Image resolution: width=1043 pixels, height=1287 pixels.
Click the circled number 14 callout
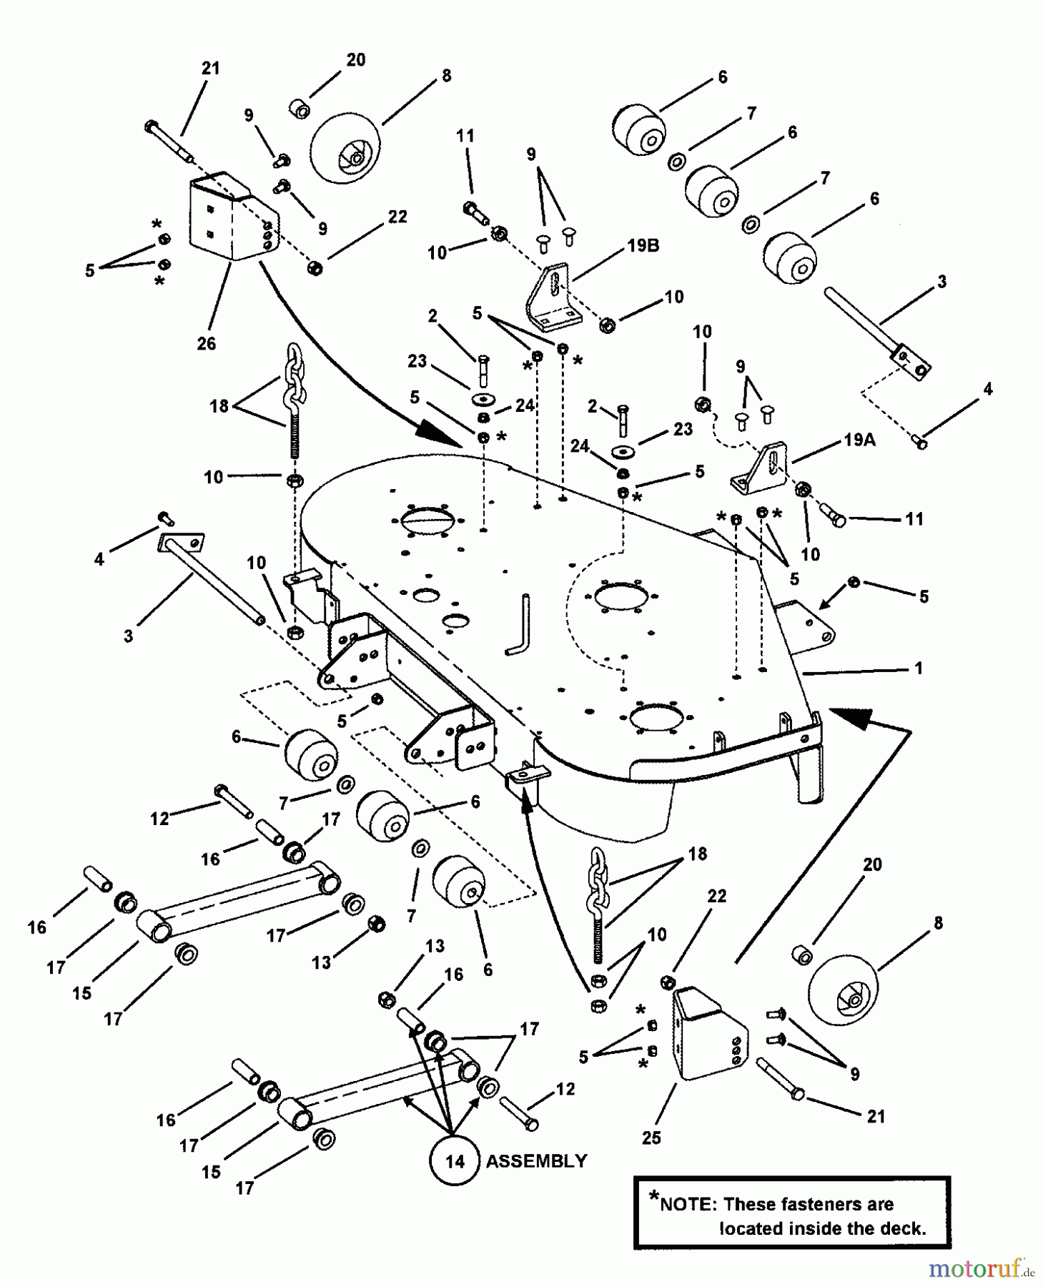click(x=455, y=1161)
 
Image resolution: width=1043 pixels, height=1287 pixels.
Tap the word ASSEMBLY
click(x=536, y=1161)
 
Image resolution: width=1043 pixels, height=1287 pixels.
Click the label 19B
click(x=643, y=245)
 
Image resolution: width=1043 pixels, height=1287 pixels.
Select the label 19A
click(x=859, y=440)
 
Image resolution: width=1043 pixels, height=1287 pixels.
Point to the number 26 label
click(x=207, y=343)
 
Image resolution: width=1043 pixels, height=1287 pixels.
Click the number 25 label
click(x=651, y=1137)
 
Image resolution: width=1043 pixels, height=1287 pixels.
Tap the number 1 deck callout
click(x=919, y=668)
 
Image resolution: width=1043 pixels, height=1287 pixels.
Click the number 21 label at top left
click(x=210, y=69)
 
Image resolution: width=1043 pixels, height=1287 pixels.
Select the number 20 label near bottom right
click(x=872, y=864)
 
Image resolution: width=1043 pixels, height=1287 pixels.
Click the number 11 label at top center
click(x=465, y=135)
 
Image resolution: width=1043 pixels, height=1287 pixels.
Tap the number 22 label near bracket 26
click(x=397, y=216)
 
